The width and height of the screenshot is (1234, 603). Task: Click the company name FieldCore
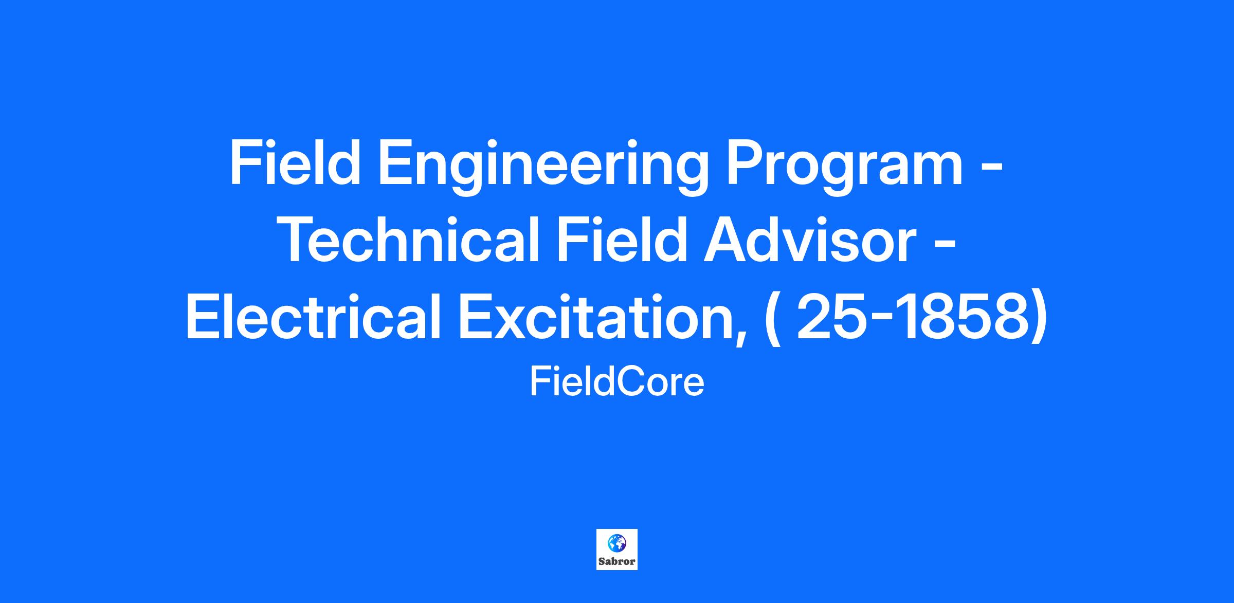[617, 383]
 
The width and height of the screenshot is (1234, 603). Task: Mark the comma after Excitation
[739, 339]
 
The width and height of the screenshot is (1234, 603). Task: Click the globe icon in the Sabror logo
[616, 542]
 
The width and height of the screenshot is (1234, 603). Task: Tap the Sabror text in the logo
[617, 562]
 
